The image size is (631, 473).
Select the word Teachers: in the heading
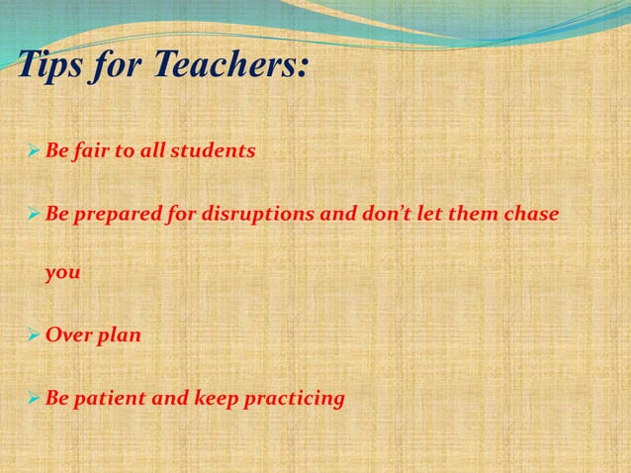click(229, 68)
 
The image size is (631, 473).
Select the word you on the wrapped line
click(62, 275)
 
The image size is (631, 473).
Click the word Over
click(67, 335)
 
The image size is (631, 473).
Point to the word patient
click(111, 399)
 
